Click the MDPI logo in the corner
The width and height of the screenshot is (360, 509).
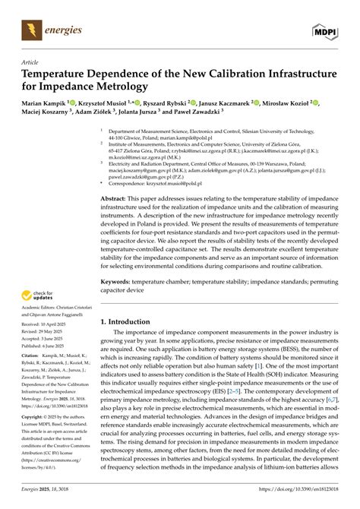(x=324, y=30)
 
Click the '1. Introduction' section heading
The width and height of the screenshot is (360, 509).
(x=125, y=321)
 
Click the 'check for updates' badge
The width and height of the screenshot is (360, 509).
(x=39, y=296)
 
